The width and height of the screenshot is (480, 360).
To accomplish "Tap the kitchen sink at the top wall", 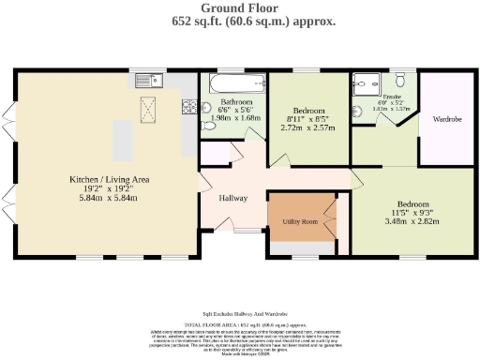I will coord(147,80).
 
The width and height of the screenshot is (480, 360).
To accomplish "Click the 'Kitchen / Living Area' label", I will coord(105,178).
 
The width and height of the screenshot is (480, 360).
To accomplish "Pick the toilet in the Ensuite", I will coord(400,79).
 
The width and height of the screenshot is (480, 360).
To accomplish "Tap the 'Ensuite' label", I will coord(380,97).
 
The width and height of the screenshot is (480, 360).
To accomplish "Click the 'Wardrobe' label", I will coord(447,120).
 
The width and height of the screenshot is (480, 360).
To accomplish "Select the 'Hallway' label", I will coord(233,198).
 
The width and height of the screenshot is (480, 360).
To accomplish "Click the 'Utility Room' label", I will coord(301,222).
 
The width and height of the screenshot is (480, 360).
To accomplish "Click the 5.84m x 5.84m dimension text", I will coord(105,198).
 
